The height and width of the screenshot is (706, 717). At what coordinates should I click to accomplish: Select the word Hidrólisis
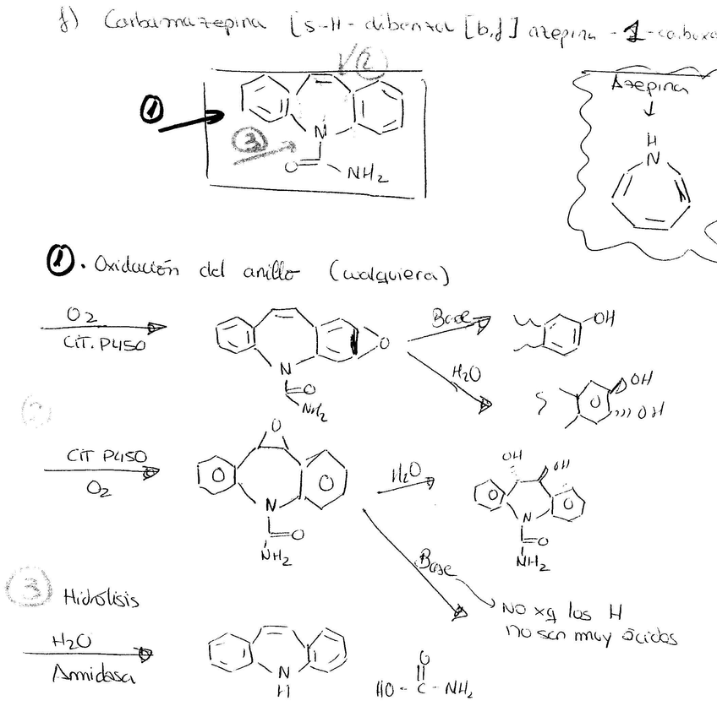point(102,597)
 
